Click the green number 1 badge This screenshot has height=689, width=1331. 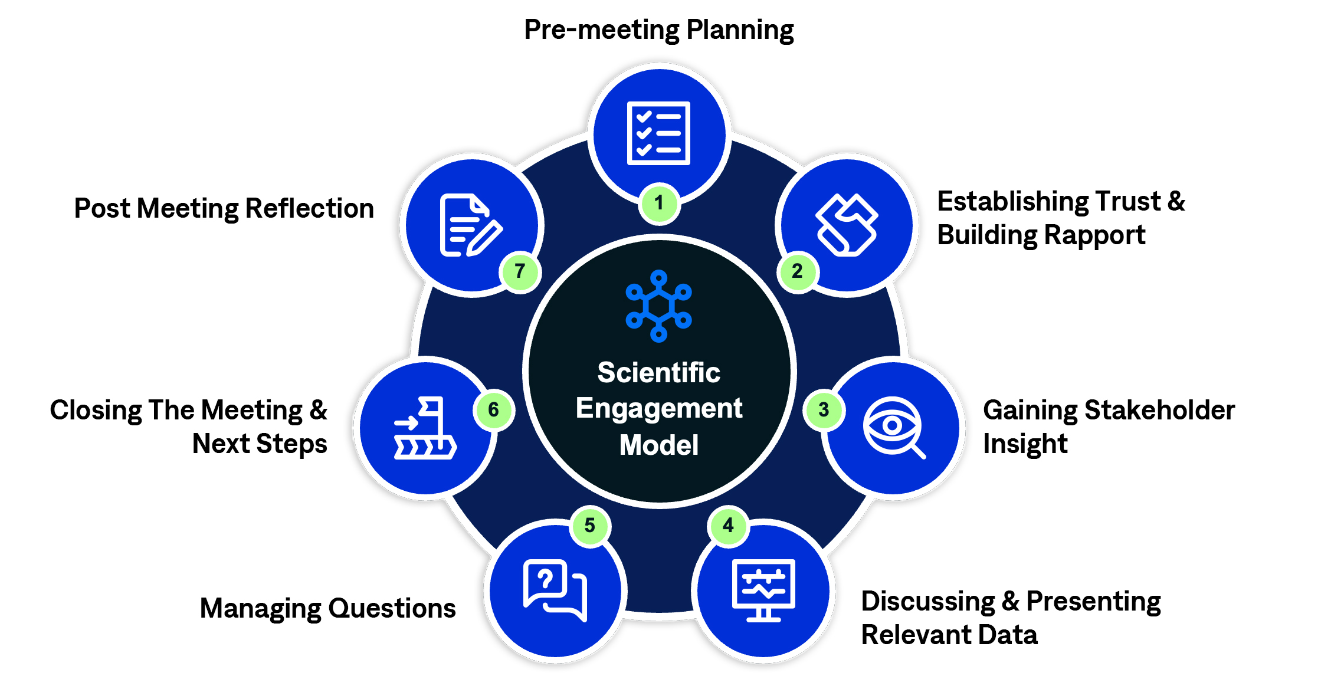pyautogui.click(x=659, y=204)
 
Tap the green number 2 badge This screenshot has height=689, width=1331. pyautogui.click(x=797, y=271)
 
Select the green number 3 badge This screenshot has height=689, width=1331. pyautogui.click(x=824, y=410)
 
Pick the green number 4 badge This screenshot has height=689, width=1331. pyautogui.click(x=729, y=525)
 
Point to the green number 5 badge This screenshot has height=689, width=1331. pyautogui.click(x=589, y=526)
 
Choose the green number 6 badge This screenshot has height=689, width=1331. pyautogui.click(x=494, y=410)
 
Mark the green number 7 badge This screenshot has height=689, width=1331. pyautogui.click(x=520, y=271)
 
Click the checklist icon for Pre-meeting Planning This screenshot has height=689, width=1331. pyautogui.click(x=658, y=133)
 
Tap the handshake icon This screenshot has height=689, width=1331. pyautogui.click(x=847, y=225)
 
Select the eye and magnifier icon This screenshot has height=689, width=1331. pyautogui.click(x=893, y=427)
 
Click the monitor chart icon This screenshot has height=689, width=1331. pyautogui.click(x=763, y=590)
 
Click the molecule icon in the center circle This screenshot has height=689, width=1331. pyautogui.click(x=658, y=306)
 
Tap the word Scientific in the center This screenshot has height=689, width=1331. pyautogui.click(x=658, y=373)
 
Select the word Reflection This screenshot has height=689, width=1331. pyautogui.click(x=310, y=209)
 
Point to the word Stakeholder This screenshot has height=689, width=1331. pyautogui.click(x=1159, y=411)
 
